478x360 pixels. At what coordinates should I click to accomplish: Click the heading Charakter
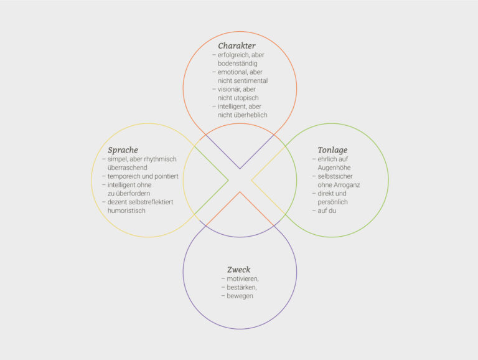pos(237,45)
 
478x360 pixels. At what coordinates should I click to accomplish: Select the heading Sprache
pos(123,150)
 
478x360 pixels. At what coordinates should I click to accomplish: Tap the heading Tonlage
pos(332,150)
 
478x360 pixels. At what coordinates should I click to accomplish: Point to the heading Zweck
pos(239,270)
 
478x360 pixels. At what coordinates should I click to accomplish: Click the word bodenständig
pos(238,64)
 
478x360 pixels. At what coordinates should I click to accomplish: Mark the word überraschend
pos(128,168)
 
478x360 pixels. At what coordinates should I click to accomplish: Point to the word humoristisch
pos(126,211)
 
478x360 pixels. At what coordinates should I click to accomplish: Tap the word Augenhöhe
pos(334,168)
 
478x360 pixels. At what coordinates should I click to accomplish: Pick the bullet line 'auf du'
pos(324,211)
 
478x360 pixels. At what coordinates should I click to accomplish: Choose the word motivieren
pos(243,279)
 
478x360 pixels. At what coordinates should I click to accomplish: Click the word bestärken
pos(241,287)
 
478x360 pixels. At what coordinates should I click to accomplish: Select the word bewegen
pos(240,296)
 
